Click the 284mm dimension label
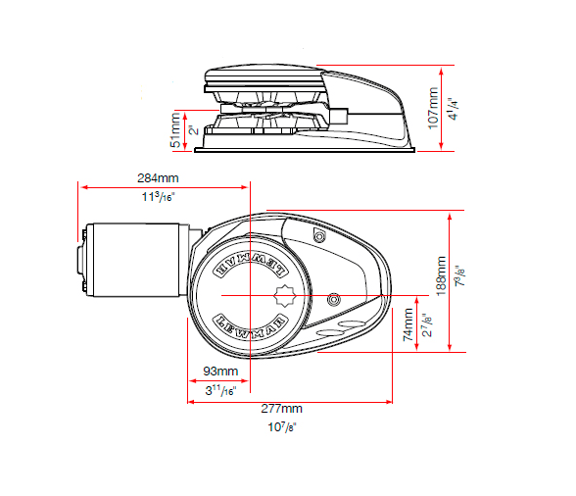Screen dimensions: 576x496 tap(158, 178)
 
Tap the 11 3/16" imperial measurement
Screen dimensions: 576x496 tap(158, 197)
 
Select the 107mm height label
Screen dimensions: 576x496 tap(433, 108)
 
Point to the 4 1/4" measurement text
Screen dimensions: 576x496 tap(454, 109)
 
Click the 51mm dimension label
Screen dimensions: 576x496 tap(175, 130)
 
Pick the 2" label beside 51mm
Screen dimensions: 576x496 tap(193, 129)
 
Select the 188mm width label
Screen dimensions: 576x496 tap(441, 276)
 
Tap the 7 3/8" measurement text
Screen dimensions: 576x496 tap(459, 275)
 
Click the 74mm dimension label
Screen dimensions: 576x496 tap(408, 324)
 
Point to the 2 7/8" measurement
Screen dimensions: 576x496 tap(427, 324)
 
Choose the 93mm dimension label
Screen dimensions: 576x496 tap(220, 372)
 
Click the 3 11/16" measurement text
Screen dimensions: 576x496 tap(220, 390)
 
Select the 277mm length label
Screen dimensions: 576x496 tap(281, 409)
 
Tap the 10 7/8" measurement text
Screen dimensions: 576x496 tap(282, 427)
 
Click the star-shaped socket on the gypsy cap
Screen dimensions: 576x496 tap(285, 296)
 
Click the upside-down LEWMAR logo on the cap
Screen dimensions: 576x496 tap(251, 267)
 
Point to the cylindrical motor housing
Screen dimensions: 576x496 tap(136, 260)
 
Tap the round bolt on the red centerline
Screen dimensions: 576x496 tap(333, 299)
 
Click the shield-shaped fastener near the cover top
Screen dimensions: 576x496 tap(319, 235)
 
